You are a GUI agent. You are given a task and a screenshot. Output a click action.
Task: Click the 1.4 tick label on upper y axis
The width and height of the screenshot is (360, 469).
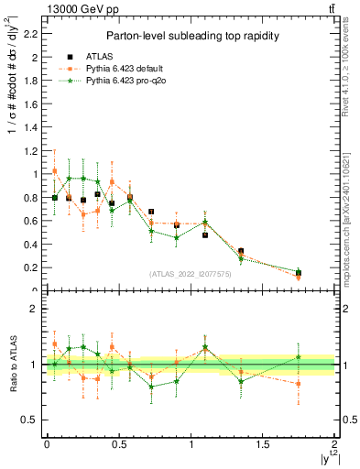(28, 127)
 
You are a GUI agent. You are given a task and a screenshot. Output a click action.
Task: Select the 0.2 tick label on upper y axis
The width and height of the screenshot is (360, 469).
(28, 267)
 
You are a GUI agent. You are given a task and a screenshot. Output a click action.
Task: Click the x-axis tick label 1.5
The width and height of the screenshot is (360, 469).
(263, 444)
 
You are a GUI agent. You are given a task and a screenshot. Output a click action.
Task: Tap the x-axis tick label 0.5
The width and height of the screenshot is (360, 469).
(118, 444)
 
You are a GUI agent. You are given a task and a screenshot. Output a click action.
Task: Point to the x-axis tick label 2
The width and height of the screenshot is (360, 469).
(334, 444)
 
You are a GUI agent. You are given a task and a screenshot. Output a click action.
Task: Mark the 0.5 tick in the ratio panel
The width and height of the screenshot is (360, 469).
(28, 420)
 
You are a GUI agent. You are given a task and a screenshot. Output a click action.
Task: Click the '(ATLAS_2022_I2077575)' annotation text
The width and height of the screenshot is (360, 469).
(190, 274)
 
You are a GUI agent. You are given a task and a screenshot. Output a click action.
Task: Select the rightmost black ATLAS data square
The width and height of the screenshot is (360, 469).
(299, 272)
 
